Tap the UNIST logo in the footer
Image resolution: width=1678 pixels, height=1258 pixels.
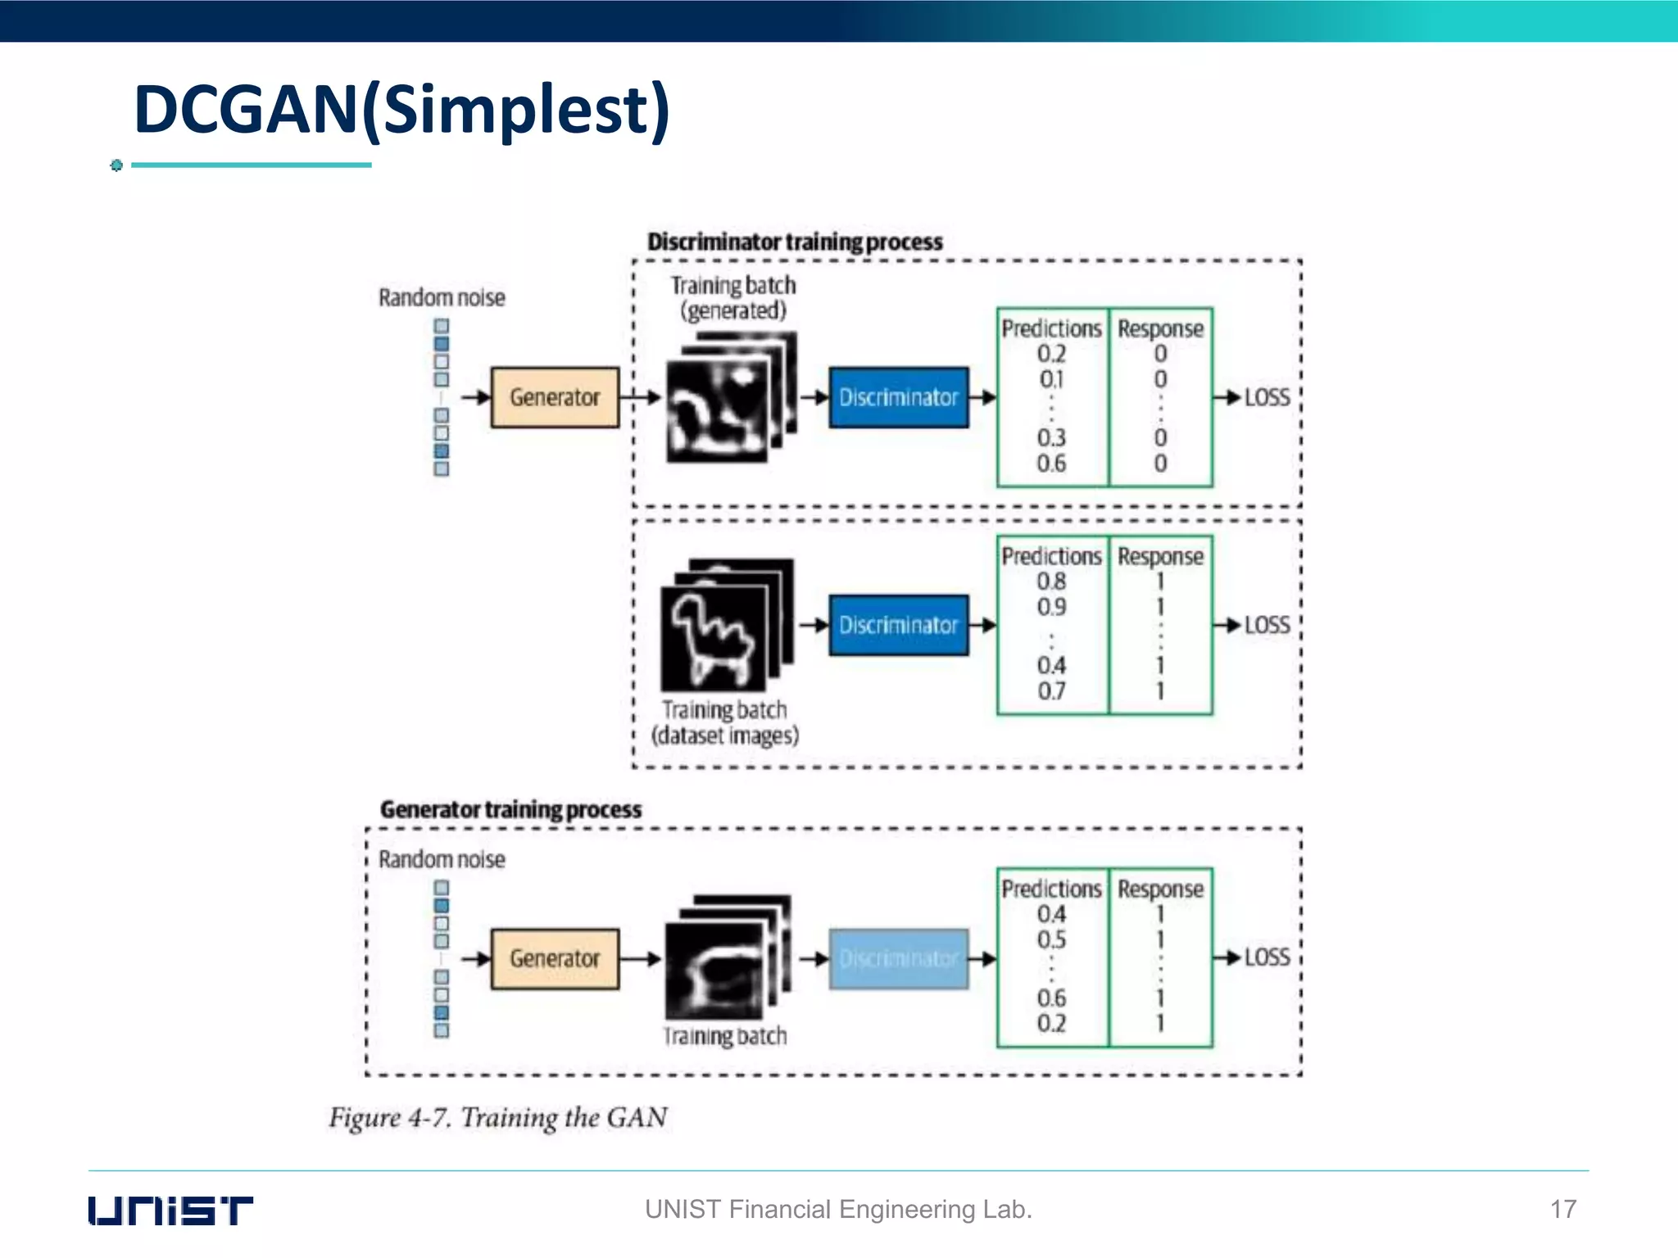tap(170, 1210)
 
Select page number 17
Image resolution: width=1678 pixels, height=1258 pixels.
tap(1562, 1209)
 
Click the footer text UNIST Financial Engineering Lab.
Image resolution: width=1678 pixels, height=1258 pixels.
tap(837, 1209)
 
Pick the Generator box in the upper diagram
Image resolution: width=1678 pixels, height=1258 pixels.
tap(555, 397)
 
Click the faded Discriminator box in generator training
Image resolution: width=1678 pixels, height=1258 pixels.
tap(898, 958)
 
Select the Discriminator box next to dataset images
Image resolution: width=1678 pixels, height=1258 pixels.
tap(898, 625)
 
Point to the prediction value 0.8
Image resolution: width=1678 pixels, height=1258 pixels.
tap(1051, 581)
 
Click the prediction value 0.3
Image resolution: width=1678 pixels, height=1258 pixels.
tap(1051, 437)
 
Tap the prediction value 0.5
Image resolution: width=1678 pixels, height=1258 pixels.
tap(1051, 939)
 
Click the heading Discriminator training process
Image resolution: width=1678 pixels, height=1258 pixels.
tap(795, 242)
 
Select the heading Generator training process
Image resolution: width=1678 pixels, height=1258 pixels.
tap(510, 809)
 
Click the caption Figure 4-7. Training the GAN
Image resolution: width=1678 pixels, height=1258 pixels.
tap(498, 1117)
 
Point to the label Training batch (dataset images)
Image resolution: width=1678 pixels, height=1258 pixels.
tap(724, 722)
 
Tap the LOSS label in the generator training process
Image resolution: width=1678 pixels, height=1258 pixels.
tap(1267, 957)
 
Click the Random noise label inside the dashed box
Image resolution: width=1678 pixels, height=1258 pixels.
tap(442, 859)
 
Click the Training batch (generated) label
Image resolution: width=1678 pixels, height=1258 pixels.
tap(733, 297)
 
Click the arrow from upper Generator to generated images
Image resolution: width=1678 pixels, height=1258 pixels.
tap(640, 397)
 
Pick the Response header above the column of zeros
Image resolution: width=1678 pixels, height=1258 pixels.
tap(1160, 328)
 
